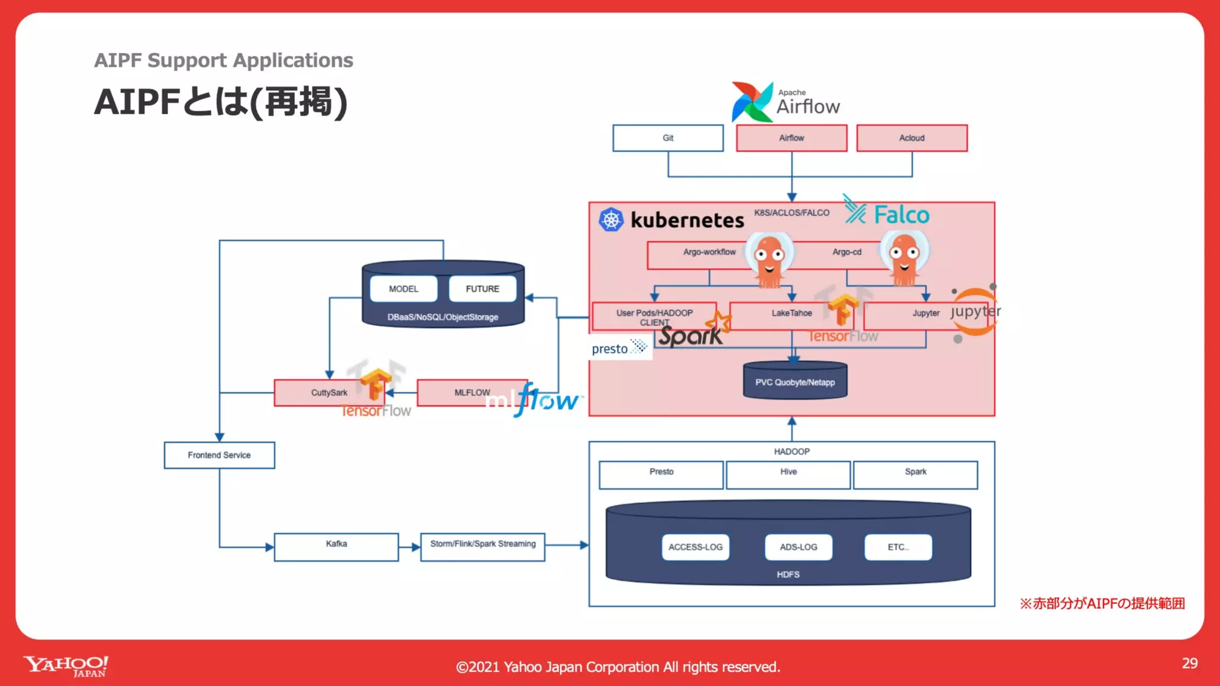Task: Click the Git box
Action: [668, 138]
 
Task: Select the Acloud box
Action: [911, 138]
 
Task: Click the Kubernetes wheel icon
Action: [611, 220]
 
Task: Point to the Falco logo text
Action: [901, 215]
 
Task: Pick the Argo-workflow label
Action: [709, 252]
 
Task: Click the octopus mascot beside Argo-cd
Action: [904, 258]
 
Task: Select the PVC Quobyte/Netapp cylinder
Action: [795, 381]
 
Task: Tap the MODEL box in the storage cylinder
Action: [403, 289]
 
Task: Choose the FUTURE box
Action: [482, 289]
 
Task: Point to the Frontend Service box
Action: [219, 455]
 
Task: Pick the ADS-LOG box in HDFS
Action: [798, 547]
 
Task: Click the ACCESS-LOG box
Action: [695, 547]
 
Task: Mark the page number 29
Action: [1189, 663]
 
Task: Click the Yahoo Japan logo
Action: [66, 666]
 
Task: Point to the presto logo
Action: [619, 348]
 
